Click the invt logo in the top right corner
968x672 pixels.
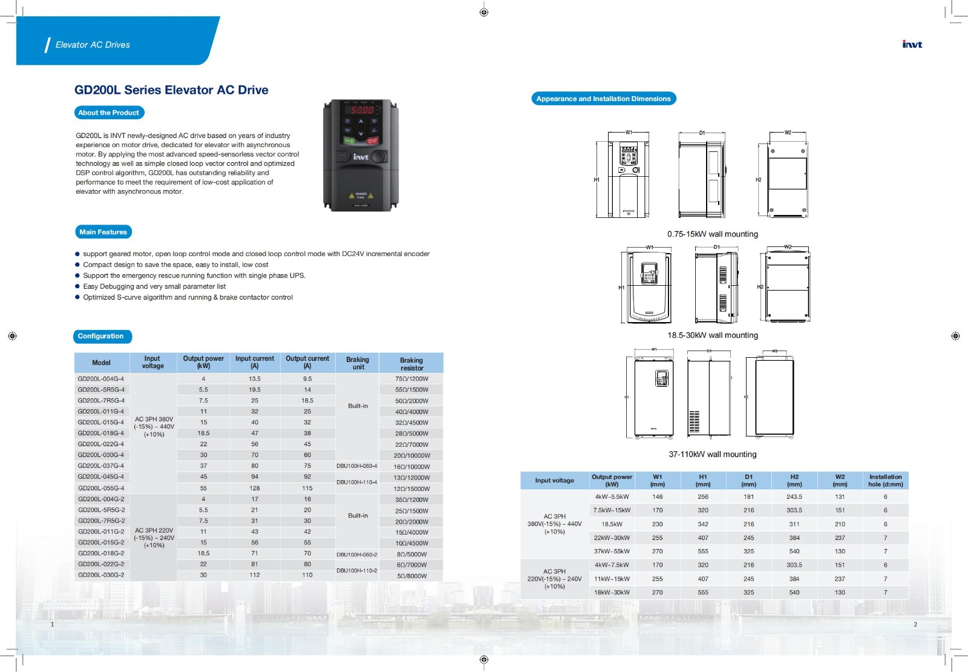[x=912, y=44]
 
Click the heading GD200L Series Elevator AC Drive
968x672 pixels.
[x=171, y=90]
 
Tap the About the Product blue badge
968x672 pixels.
[x=109, y=113]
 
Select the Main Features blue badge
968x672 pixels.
[x=103, y=232]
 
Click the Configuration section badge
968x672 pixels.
[x=101, y=337]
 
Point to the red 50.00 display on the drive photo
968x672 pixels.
[x=362, y=110]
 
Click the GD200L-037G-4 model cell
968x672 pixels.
[x=101, y=466]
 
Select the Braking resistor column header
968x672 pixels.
[x=411, y=364]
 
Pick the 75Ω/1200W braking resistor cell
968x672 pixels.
[x=411, y=379]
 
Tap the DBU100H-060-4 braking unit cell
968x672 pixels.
[x=357, y=466]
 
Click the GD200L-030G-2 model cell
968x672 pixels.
[x=101, y=575]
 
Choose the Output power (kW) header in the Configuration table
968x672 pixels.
[x=203, y=362]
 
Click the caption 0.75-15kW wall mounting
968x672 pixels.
[x=712, y=234]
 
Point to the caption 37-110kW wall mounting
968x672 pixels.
[x=712, y=455]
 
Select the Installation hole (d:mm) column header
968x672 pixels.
[x=885, y=481]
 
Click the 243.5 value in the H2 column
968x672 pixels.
[x=794, y=497]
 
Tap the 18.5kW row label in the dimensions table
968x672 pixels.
[x=612, y=524]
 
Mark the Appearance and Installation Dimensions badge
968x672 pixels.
[x=603, y=99]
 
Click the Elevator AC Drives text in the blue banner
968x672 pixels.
[x=93, y=45]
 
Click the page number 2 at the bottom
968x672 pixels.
[x=915, y=624]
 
